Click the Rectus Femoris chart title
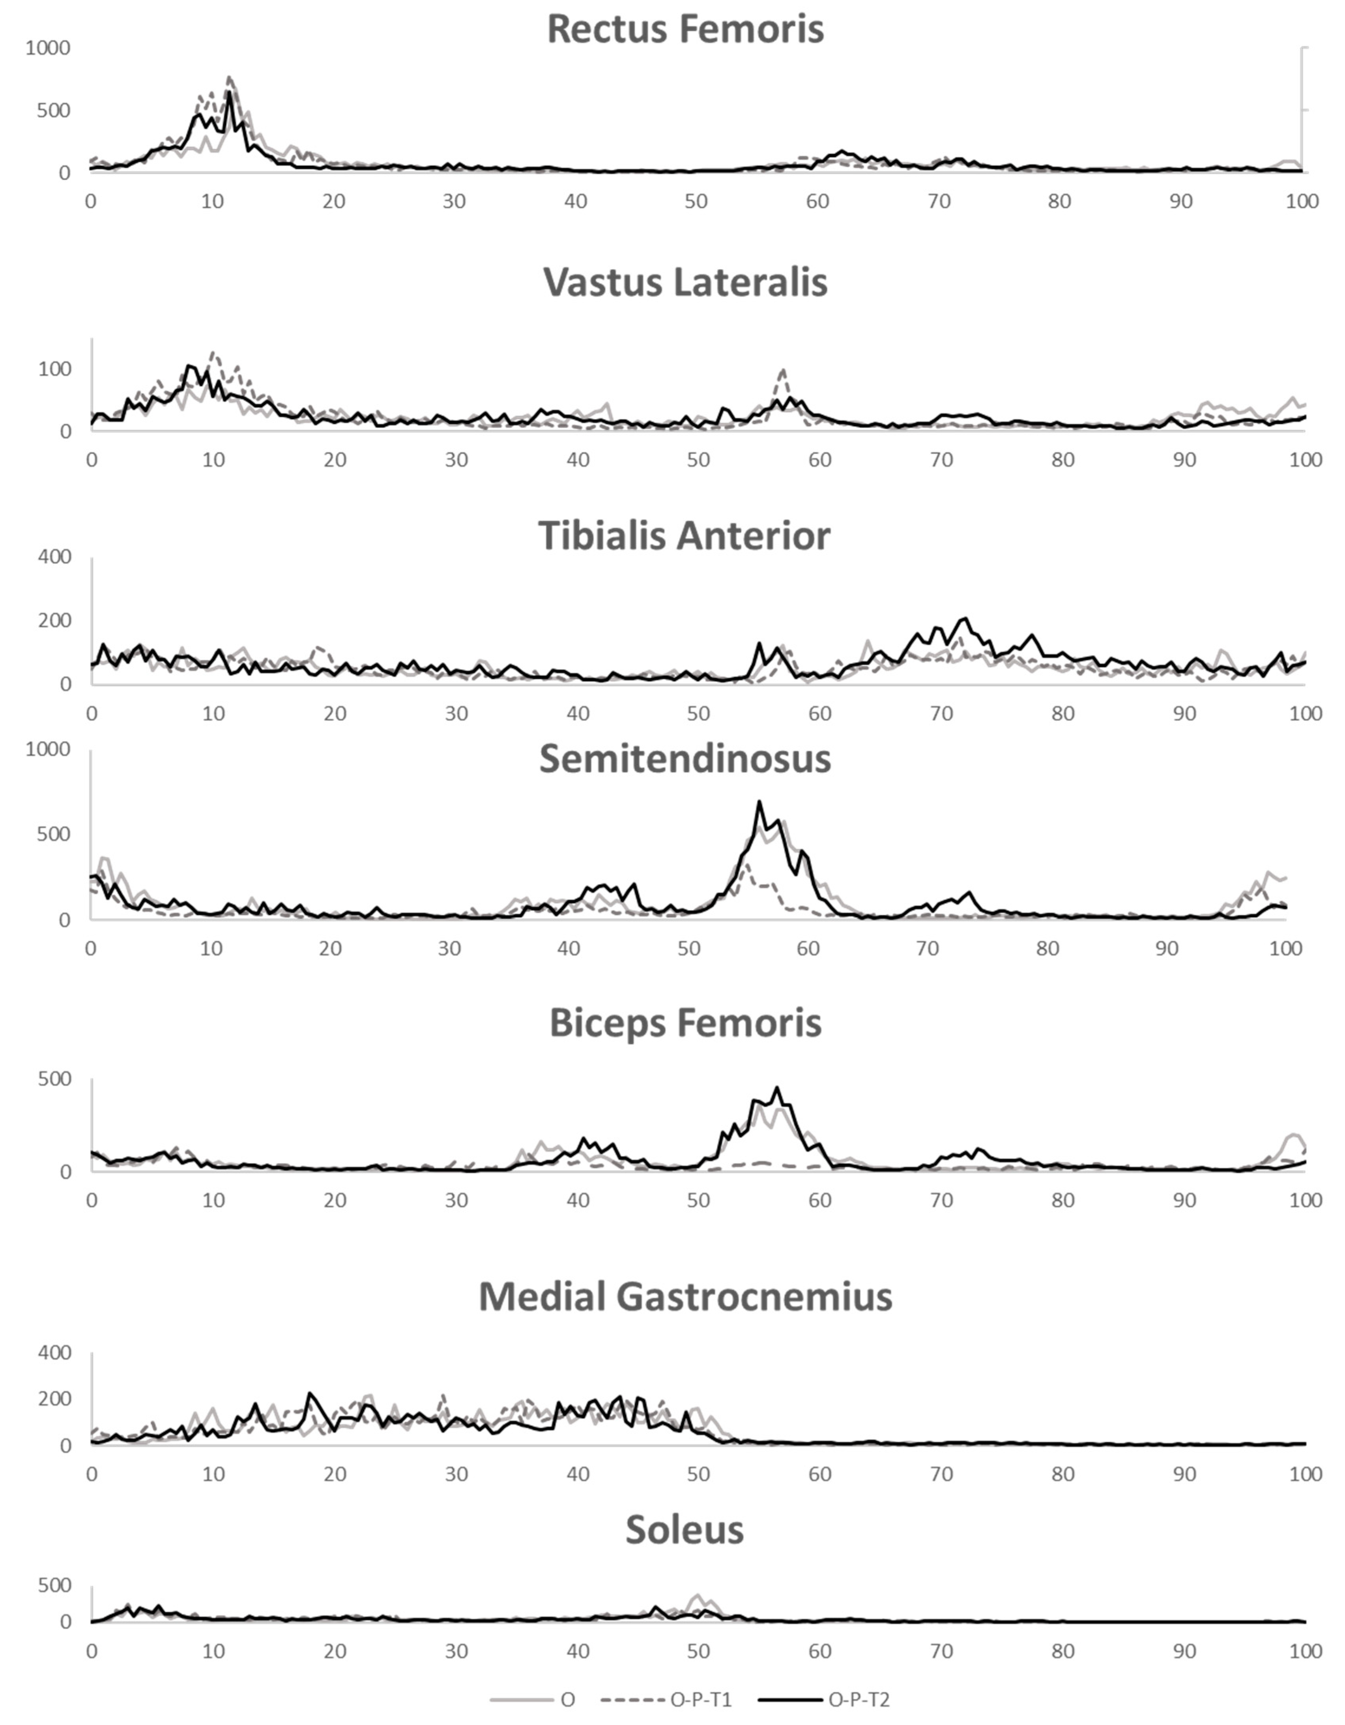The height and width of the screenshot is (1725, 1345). (x=685, y=29)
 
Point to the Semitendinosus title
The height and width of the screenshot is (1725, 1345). (x=685, y=759)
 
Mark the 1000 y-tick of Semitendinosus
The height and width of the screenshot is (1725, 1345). (x=48, y=749)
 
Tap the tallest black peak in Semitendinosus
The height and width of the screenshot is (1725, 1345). (x=759, y=802)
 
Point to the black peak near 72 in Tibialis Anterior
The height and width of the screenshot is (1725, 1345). (x=964, y=618)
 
